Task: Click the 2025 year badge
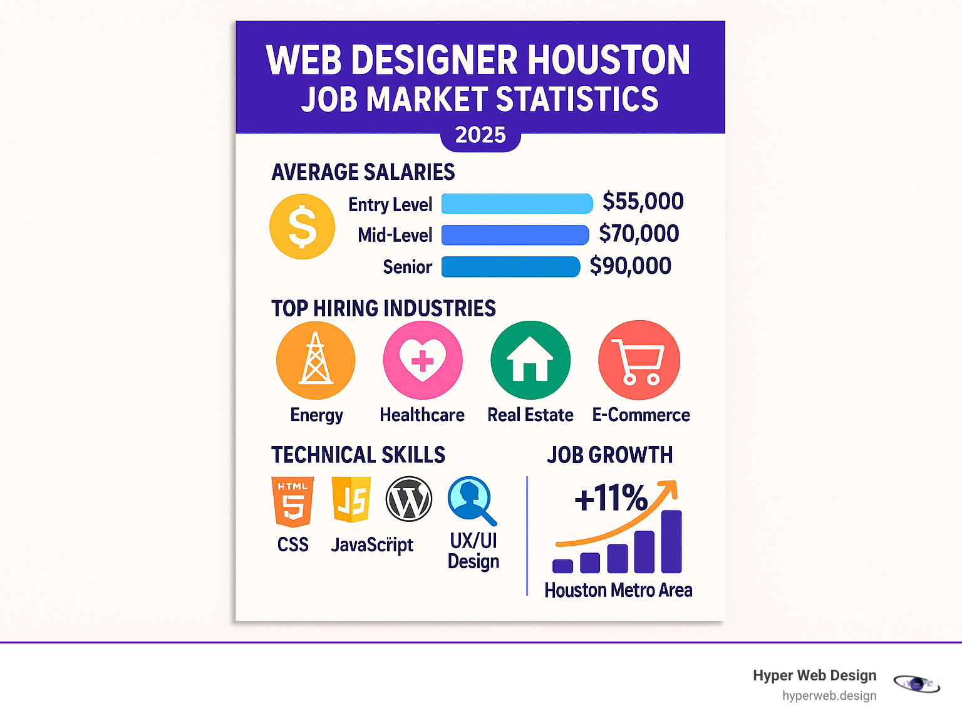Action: point(480,135)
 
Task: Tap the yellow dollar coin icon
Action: point(302,226)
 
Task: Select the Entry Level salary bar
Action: point(517,204)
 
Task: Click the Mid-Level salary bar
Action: point(515,235)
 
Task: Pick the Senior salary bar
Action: point(510,266)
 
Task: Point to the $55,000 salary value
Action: point(643,202)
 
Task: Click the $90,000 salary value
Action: point(630,266)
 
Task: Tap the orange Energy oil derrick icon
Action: point(316,360)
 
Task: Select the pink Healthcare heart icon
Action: point(423,360)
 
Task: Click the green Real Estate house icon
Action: point(530,360)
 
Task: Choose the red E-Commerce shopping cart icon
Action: point(639,360)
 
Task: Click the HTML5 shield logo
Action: point(292,501)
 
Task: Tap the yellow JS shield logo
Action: point(351,500)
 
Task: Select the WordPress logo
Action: point(409,499)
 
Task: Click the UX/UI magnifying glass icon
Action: point(472,500)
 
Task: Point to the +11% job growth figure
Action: point(611,499)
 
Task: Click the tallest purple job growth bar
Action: point(671,542)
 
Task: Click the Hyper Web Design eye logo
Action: point(916,684)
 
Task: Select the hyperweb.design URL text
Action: point(829,696)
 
